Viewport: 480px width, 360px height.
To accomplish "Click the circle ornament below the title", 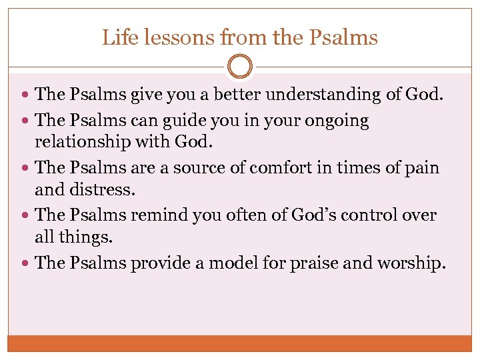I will (240, 67).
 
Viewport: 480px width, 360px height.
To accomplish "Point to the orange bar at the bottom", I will (240, 343).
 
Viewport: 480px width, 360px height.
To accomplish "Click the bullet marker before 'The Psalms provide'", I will (25, 263).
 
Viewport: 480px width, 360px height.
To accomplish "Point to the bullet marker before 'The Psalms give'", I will (25, 95).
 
